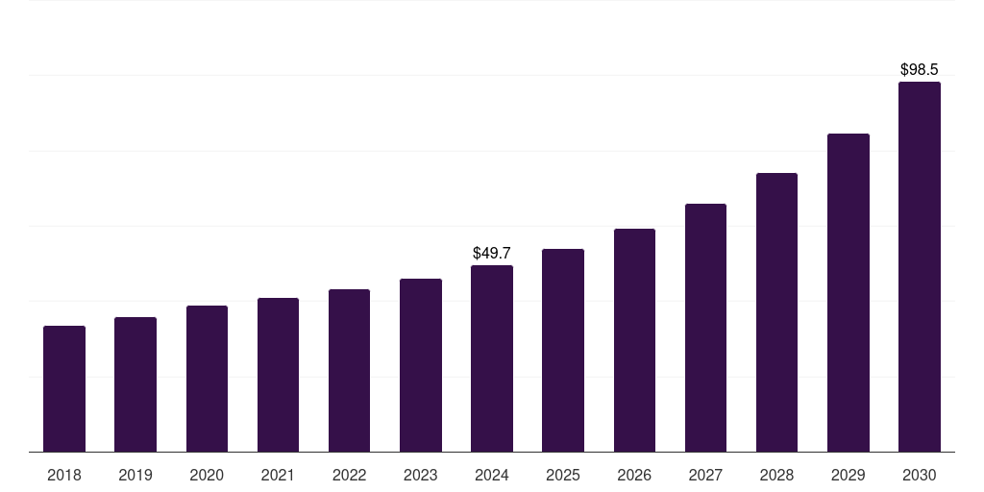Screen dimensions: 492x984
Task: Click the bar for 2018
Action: coord(64,389)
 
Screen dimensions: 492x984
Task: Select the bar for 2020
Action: coord(207,379)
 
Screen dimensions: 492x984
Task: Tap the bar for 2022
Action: coord(349,371)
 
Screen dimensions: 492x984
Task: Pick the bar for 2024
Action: coord(492,358)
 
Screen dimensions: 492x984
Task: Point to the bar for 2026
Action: coord(634,340)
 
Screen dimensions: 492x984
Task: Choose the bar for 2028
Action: coord(776,312)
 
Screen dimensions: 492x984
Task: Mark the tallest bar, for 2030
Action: coord(919,267)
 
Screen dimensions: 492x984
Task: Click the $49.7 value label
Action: coord(492,254)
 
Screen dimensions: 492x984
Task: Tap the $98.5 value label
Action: coord(919,70)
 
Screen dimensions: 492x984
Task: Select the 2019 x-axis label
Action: coord(135,476)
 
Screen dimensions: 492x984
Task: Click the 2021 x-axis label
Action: coord(278,476)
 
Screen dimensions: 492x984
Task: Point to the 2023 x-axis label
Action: coord(421,476)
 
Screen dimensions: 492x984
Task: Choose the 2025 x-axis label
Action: coord(563,476)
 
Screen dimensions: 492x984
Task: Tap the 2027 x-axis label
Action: coord(705,476)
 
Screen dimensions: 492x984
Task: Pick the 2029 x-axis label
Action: coord(848,476)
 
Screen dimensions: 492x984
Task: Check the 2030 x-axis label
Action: coord(919,476)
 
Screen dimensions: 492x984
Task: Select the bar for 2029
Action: coord(848,293)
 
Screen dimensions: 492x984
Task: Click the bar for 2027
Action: coord(705,328)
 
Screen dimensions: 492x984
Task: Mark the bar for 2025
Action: coord(563,351)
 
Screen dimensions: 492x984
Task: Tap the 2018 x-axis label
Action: coord(64,476)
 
